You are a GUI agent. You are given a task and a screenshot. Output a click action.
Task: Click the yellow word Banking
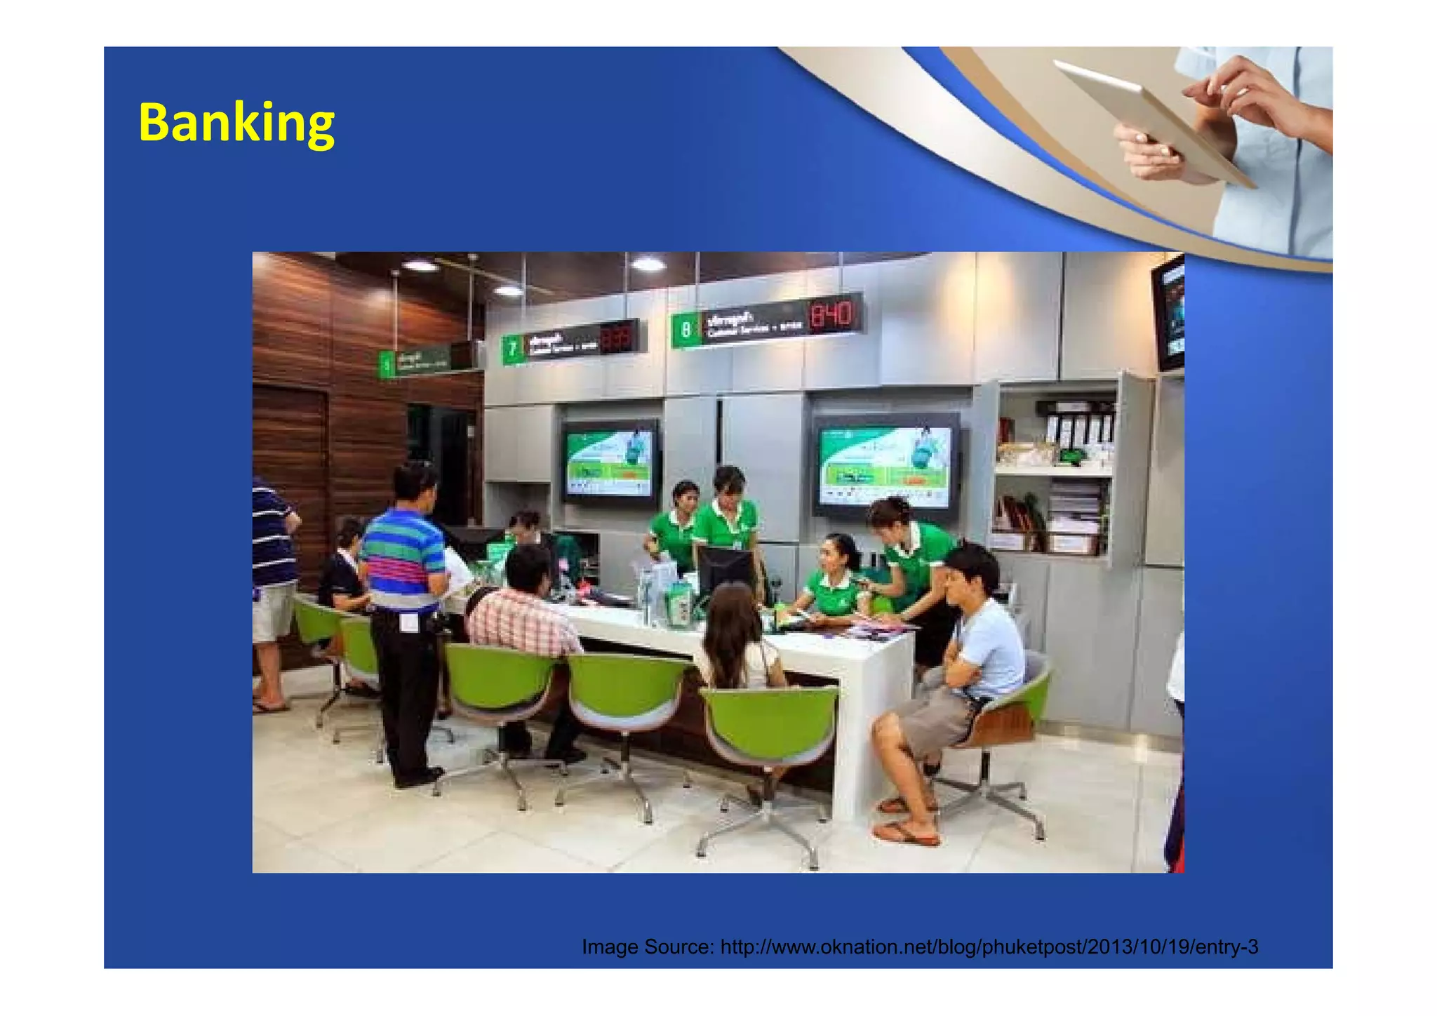click(236, 123)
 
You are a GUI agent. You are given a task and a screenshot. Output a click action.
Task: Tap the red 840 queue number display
click(832, 316)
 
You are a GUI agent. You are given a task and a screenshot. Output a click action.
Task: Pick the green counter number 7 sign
click(513, 349)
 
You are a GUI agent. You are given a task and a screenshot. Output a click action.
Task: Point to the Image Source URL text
click(920, 947)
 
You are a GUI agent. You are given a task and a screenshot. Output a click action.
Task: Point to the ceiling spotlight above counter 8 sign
click(648, 264)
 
